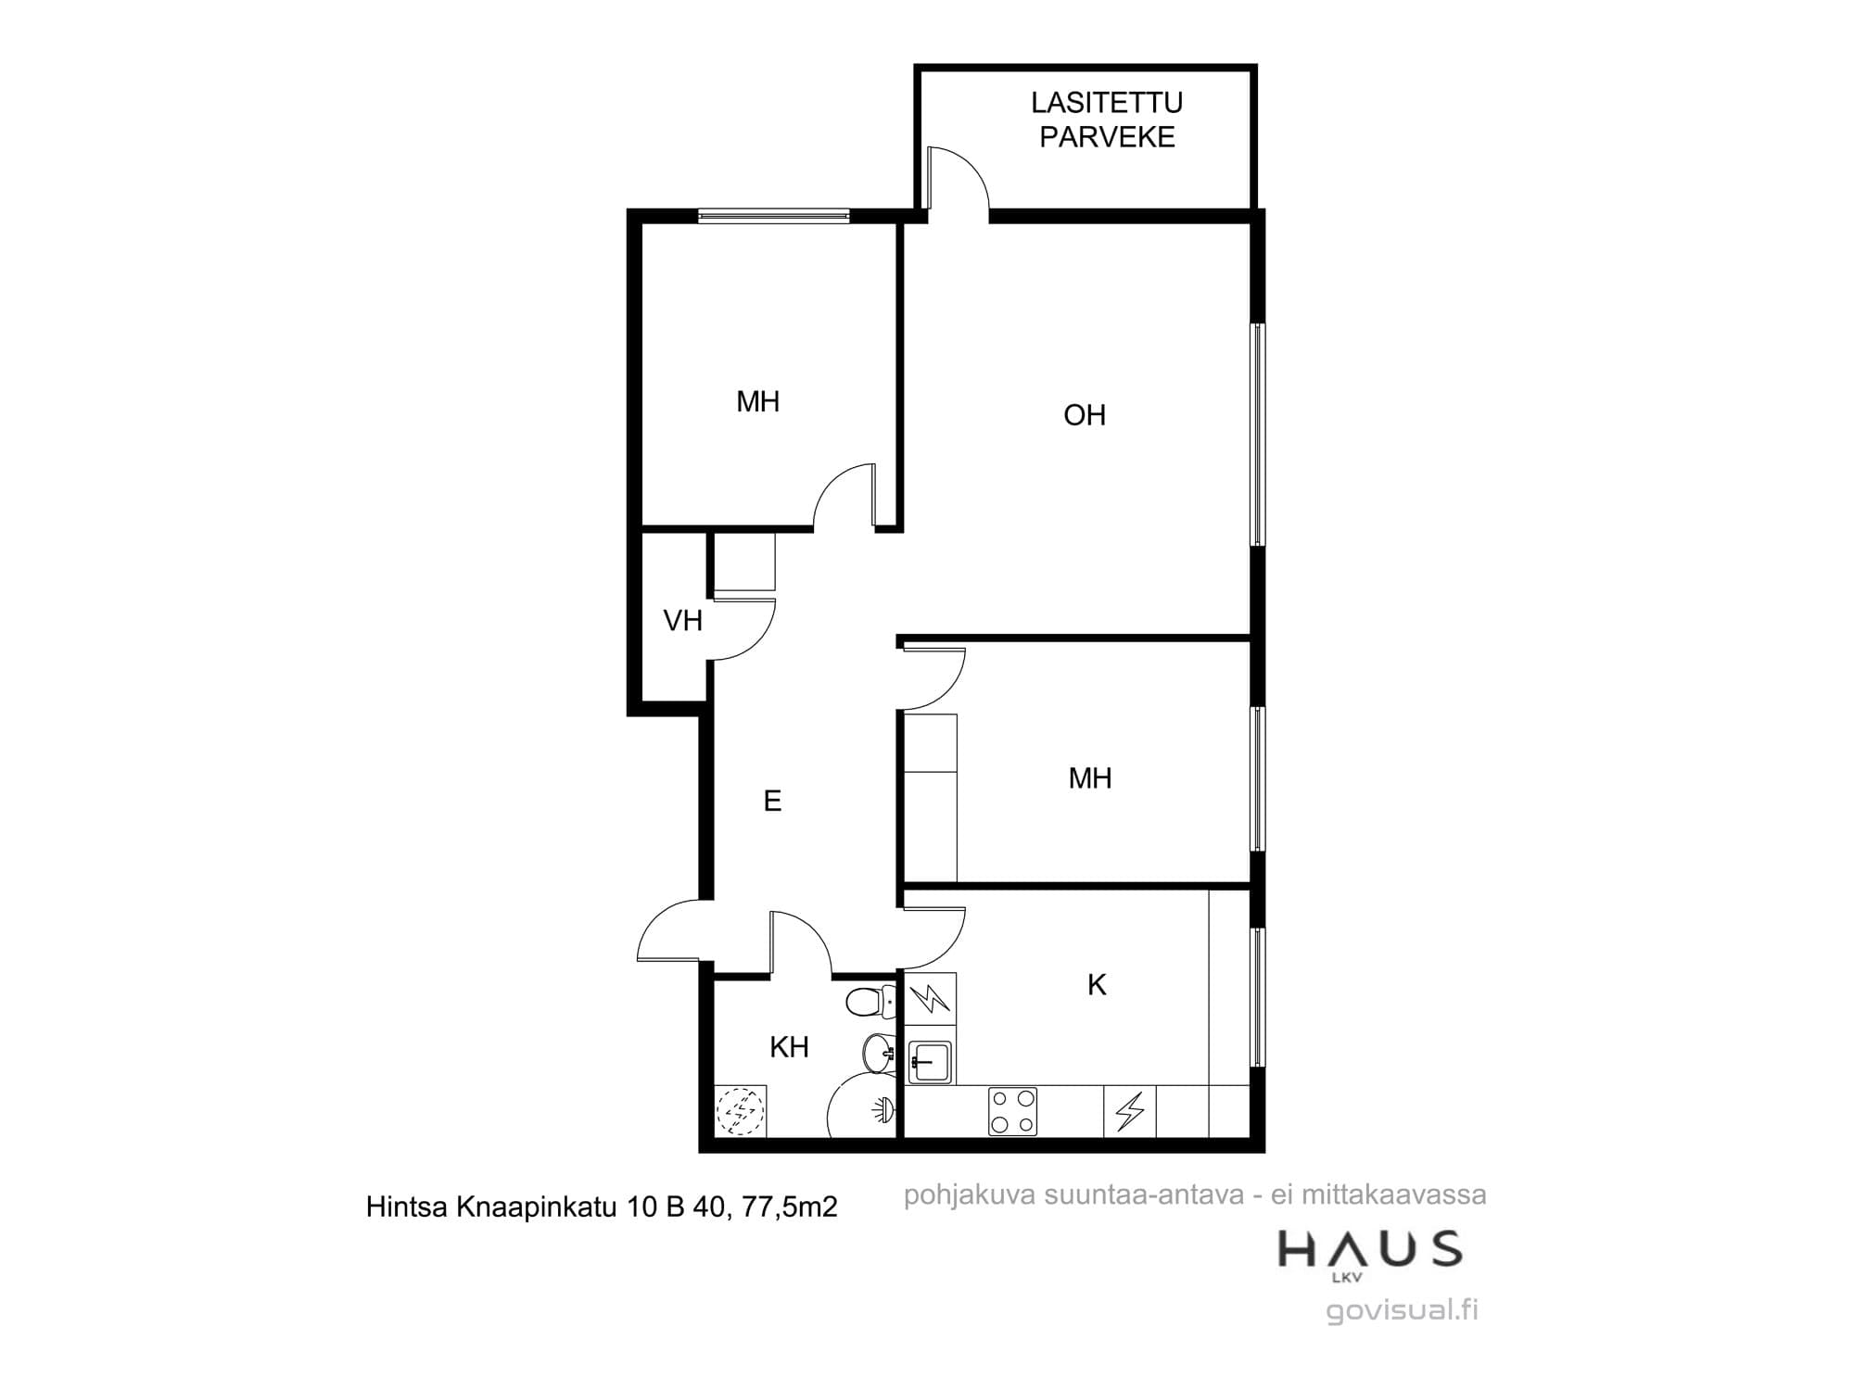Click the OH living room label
(x=1085, y=415)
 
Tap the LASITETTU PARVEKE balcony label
(x=1107, y=120)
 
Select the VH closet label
(x=683, y=621)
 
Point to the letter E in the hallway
(x=772, y=801)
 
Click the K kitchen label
(x=1097, y=985)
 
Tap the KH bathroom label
(x=790, y=1047)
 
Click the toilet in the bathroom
(x=870, y=1002)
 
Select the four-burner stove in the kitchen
(x=1013, y=1112)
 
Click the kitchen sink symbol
(x=930, y=1062)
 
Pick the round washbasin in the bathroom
(x=878, y=1053)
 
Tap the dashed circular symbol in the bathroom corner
(x=741, y=1110)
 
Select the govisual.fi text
(x=1403, y=1310)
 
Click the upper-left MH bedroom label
(x=757, y=401)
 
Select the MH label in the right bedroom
(x=1090, y=778)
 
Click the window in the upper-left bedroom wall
(x=773, y=216)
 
